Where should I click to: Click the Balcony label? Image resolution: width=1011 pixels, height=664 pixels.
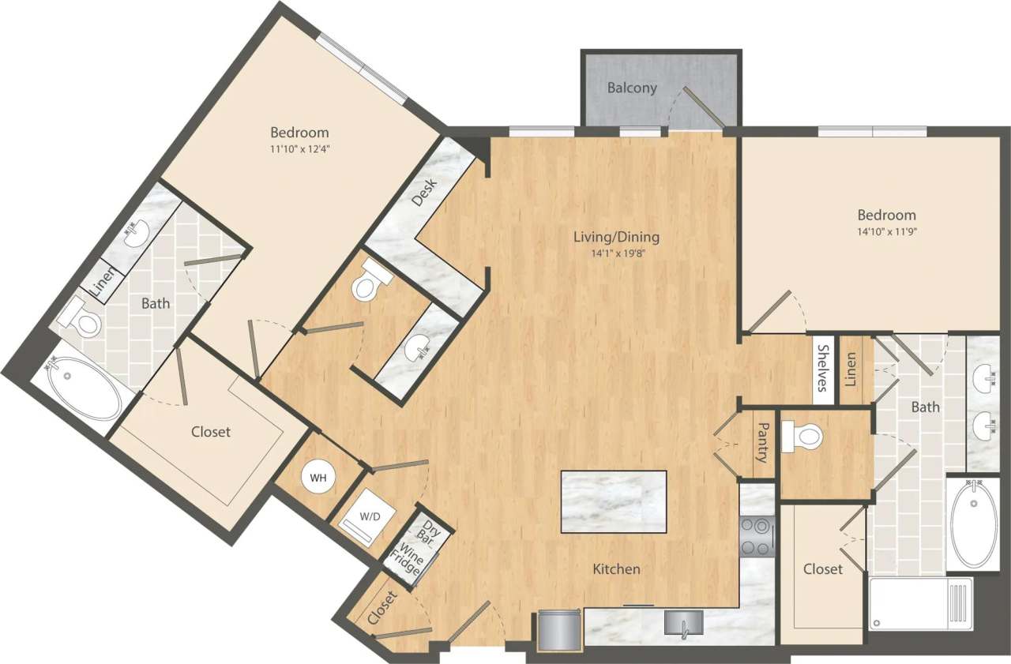(632, 88)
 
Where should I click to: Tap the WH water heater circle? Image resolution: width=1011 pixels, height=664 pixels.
(318, 478)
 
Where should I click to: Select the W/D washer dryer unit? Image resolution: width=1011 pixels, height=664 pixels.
(369, 517)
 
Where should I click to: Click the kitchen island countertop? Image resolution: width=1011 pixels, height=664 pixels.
(613, 501)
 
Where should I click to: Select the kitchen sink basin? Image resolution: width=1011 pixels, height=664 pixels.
(681, 623)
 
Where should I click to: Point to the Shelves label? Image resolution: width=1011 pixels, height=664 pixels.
(823, 369)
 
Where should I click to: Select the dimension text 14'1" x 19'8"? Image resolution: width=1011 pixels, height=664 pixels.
(618, 254)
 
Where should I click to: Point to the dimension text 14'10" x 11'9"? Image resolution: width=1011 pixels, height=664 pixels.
(887, 231)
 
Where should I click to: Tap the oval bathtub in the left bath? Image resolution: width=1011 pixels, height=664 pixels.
(85, 388)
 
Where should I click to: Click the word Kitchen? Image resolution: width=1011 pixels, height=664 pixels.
(617, 568)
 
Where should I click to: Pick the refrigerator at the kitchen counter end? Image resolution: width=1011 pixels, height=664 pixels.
(558, 631)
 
